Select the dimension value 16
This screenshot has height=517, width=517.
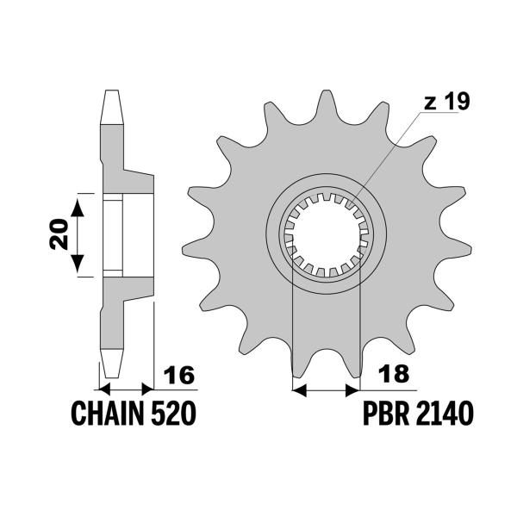tap(179, 376)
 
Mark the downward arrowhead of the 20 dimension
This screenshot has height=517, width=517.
tap(78, 266)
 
